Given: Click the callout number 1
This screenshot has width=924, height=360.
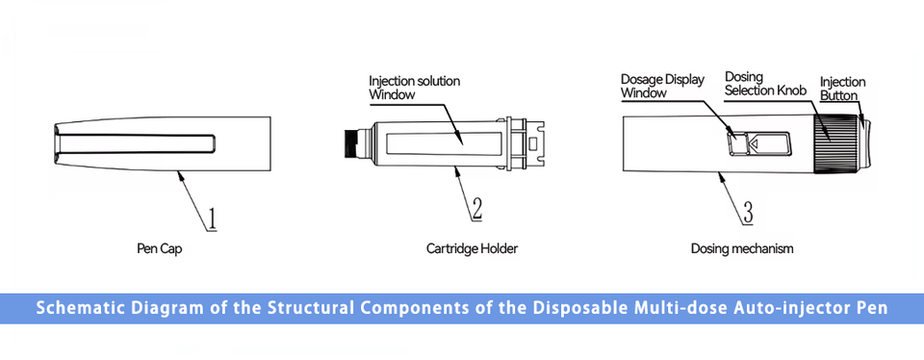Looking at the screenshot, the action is (211, 219).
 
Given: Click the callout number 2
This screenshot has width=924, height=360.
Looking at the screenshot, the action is (476, 209).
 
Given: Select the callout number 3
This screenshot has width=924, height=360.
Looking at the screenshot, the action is (747, 212).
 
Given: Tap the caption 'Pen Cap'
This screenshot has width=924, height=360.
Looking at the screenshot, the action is (160, 248).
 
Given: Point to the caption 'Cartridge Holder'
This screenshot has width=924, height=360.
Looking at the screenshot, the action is (472, 248).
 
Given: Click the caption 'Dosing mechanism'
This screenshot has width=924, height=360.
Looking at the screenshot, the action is (742, 248).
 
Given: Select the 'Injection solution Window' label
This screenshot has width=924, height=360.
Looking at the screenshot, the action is (414, 88).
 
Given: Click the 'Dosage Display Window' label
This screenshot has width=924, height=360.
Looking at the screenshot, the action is (662, 86).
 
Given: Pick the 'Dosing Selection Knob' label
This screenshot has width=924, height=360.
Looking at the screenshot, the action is (765, 84).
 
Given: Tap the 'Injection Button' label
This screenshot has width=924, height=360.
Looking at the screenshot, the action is (843, 89).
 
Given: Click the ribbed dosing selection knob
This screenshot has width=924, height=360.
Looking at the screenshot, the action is (831, 143).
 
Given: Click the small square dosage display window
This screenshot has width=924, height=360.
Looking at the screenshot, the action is (736, 143).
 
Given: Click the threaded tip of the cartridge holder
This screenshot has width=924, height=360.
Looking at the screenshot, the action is (353, 143).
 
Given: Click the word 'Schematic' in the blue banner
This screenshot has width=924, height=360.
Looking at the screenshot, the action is (71, 308).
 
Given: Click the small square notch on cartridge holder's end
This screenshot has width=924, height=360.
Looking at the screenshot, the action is (533, 143).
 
